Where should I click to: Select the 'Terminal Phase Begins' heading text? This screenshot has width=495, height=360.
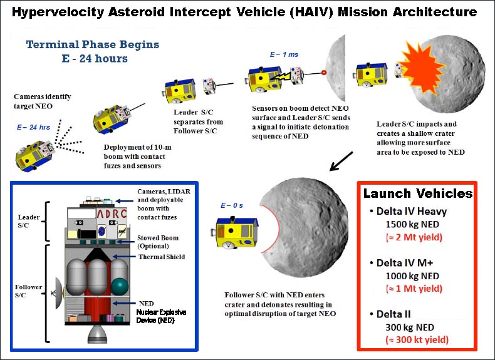tap(92, 44)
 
